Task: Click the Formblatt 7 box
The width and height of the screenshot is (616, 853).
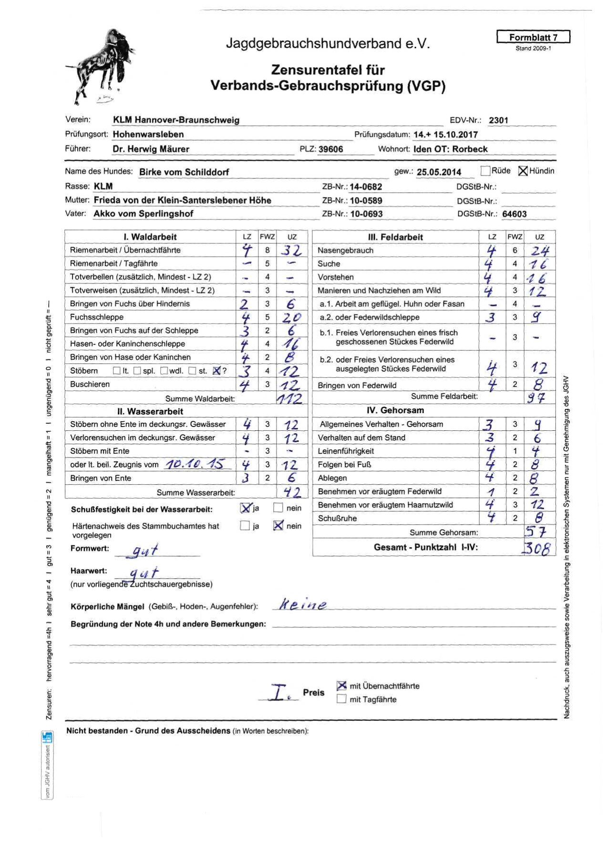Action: (x=533, y=37)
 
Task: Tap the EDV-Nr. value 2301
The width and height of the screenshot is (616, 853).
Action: (x=498, y=120)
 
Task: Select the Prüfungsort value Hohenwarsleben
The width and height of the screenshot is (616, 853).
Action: (x=148, y=135)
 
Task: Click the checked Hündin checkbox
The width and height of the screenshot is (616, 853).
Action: (x=523, y=171)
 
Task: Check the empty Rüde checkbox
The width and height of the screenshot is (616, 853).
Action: (x=485, y=171)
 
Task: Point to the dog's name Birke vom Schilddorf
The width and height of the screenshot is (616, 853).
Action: (x=184, y=172)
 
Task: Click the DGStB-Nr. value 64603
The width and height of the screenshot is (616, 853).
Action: (x=514, y=214)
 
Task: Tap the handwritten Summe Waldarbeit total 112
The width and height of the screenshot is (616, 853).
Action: (x=289, y=398)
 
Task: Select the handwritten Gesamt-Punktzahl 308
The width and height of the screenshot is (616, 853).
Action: (x=538, y=548)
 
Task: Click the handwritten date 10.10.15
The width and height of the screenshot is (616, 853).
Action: (x=195, y=464)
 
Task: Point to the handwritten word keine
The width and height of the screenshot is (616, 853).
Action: (x=303, y=605)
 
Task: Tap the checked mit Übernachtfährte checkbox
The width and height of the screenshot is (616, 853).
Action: (x=341, y=686)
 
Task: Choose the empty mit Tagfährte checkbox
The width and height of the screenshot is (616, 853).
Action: (x=341, y=699)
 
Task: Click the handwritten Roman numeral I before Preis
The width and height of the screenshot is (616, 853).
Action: (x=279, y=692)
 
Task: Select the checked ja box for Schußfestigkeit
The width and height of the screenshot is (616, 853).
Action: (x=246, y=508)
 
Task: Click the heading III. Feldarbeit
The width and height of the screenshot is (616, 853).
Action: (x=395, y=237)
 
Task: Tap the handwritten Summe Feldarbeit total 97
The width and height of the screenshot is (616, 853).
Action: (x=536, y=397)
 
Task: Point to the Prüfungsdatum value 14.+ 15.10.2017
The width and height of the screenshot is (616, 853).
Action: (x=445, y=135)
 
